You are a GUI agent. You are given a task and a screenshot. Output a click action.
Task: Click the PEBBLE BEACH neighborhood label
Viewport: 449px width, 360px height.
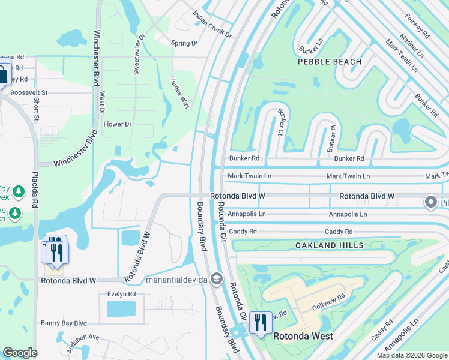(330, 62)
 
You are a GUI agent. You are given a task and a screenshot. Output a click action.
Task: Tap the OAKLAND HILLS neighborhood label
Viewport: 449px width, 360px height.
(329, 245)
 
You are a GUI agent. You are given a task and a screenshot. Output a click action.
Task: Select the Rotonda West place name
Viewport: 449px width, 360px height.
(303, 336)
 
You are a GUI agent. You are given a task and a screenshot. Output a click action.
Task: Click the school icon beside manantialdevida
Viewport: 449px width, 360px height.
(216, 280)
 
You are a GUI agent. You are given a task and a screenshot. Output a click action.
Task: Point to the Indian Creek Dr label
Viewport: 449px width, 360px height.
(212, 24)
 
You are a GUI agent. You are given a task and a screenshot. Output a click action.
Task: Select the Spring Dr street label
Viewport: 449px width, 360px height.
(184, 43)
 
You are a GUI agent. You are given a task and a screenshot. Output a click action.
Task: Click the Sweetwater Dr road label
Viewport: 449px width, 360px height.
(139, 54)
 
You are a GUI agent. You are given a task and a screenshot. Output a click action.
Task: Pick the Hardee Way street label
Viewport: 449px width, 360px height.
(179, 92)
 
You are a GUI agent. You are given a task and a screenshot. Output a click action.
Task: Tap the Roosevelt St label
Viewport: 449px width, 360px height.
(28, 93)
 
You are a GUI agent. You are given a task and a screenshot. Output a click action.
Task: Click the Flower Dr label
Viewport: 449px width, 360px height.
(117, 124)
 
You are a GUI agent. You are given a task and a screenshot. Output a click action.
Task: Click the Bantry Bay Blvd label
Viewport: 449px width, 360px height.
(64, 323)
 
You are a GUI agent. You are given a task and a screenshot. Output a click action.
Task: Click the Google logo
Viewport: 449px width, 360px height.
(20, 353)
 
